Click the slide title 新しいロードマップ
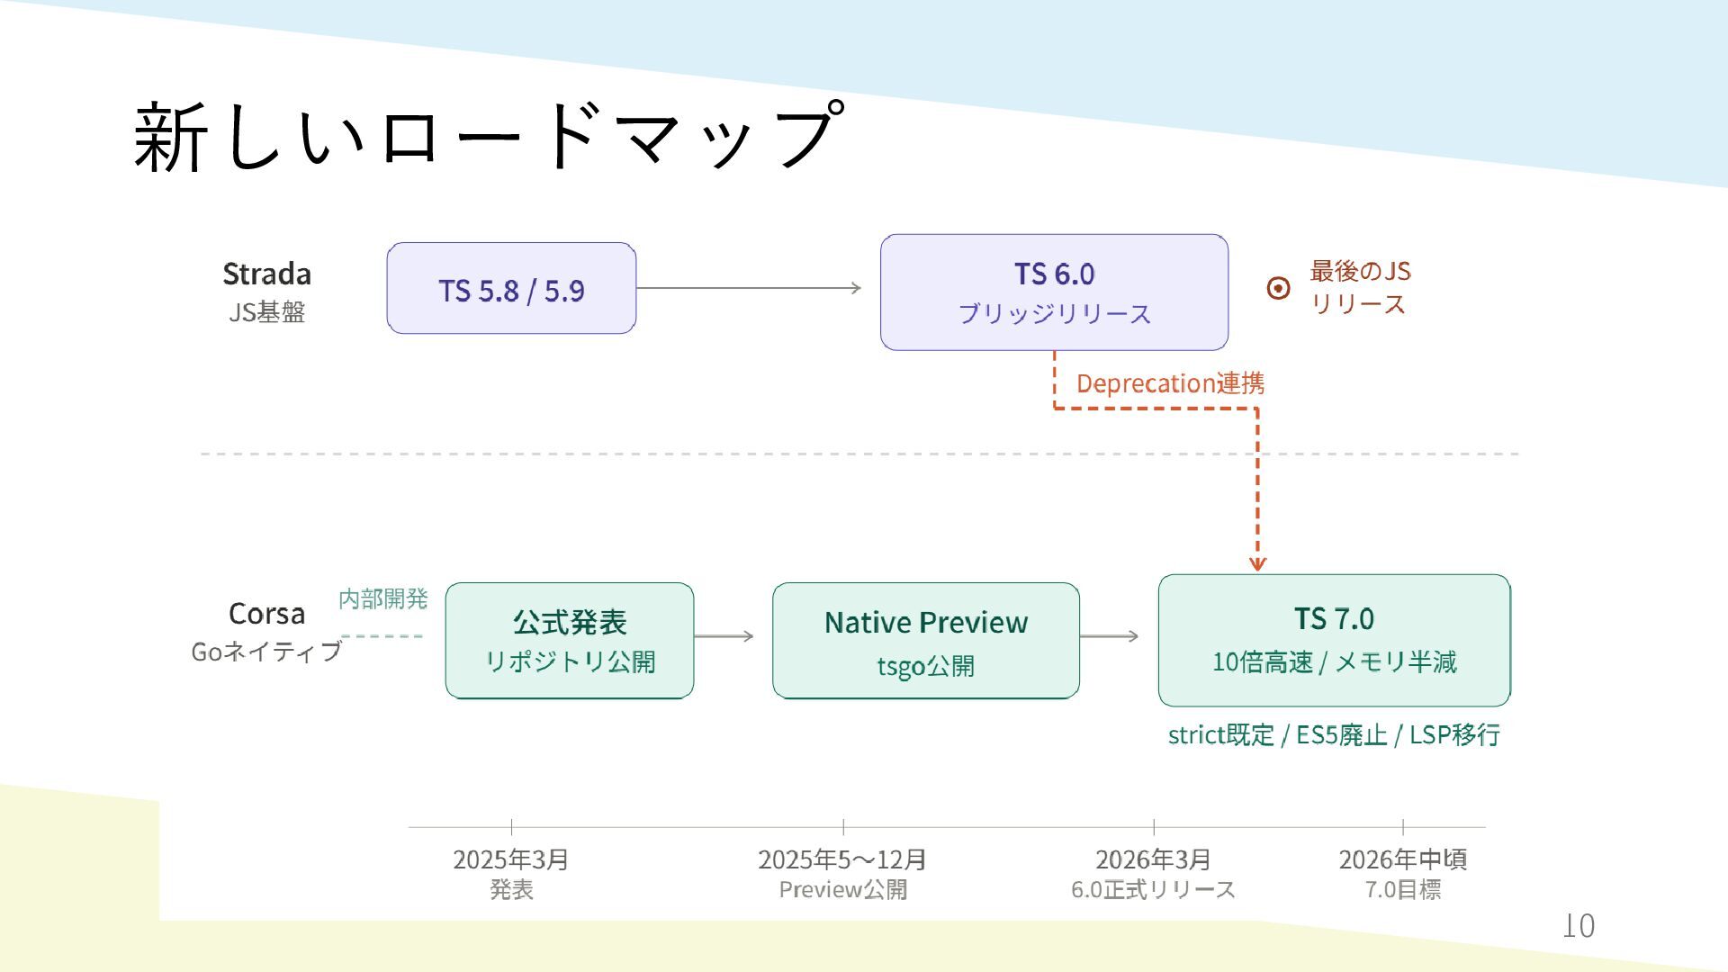pyautogui.click(x=489, y=136)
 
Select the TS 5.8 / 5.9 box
pyautogui.click(x=511, y=289)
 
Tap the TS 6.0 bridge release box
pyautogui.click(x=1054, y=292)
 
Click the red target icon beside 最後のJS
pyautogui.click(x=1278, y=288)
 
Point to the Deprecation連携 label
pyautogui.click(x=1170, y=383)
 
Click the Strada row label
pyautogui.click(x=266, y=274)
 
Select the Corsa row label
pyautogui.click(x=266, y=614)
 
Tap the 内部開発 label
pyautogui.click(x=382, y=598)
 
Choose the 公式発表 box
pyautogui.click(x=570, y=641)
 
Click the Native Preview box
pyautogui.click(x=925, y=641)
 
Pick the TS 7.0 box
pyautogui.click(x=1334, y=641)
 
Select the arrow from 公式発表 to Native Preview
pyautogui.click(x=724, y=636)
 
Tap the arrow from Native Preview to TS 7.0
pyautogui.click(x=1109, y=636)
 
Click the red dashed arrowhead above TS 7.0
pyautogui.click(x=1257, y=563)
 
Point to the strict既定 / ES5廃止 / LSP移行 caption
pyautogui.click(x=1334, y=735)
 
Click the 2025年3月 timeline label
pyautogui.click(x=511, y=859)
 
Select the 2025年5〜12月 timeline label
pyautogui.click(x=842, y=859)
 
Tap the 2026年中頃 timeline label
pyautogui.click(x=1402, y=859)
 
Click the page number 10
pyautogui.click(x=1579, y=925)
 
